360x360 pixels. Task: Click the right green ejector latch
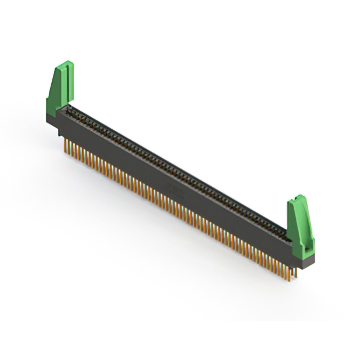(x=299, y=225)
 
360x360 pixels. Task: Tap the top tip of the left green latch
(x=67, y=64)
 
